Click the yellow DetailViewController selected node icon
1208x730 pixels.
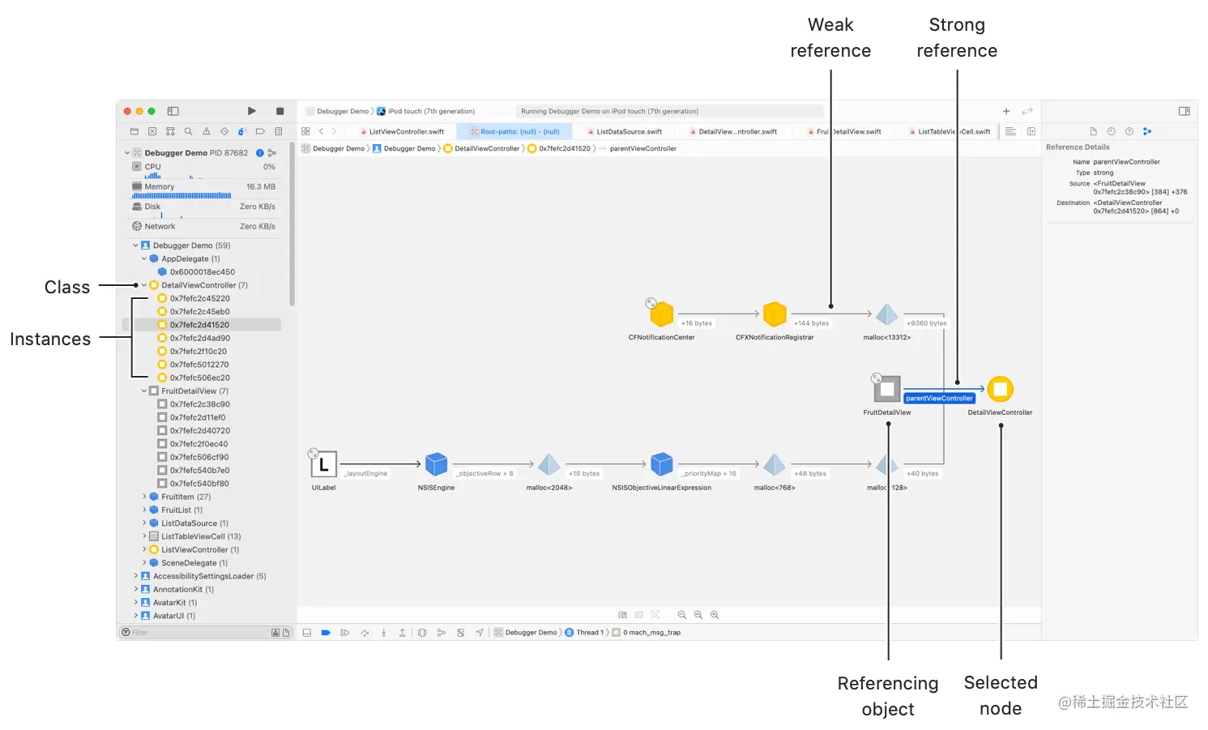coord(1000,389)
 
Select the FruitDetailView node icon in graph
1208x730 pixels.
coord(887,389)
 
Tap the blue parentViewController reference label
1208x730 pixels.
coord(939,398)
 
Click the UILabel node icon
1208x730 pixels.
coord(323,464)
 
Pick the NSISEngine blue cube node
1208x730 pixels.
coord(436,464)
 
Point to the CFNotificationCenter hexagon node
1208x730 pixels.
coord(662,314)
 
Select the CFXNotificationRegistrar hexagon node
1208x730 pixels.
coord(775,314)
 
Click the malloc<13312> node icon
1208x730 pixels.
coord(887,314)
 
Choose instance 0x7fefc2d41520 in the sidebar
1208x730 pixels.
coord(199,325)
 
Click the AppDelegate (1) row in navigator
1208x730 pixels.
coord(190,259)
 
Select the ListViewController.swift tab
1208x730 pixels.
coord(406,131)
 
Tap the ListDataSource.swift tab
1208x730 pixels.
coord(629,131)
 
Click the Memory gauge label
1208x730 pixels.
coord(160,187)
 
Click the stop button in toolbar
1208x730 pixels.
coord(280,111)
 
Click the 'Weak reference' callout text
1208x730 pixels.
coord(830,38)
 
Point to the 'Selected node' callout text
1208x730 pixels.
coord(1001,695)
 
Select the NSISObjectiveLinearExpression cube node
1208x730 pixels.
coord(662,464)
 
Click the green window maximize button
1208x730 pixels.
coord(152,111)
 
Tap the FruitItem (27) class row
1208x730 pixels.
coord(186,497)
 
